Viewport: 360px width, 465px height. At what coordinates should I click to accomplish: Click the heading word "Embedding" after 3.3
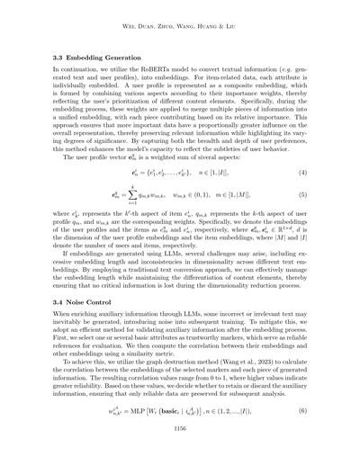87,57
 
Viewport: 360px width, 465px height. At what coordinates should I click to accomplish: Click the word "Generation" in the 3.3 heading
130,57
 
